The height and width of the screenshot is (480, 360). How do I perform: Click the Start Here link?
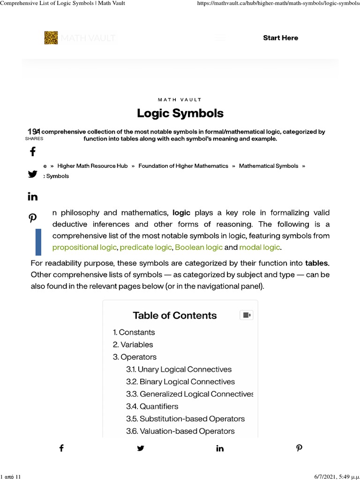click(280, 38)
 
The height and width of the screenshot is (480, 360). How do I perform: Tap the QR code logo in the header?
click(51, 38)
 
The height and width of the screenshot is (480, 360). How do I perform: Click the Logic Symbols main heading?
click(180, 113)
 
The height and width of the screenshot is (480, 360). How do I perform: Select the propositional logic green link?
click(85, 247)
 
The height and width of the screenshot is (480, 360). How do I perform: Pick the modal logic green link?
click(259, 247)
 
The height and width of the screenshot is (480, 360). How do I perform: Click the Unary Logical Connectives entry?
click(179, 369)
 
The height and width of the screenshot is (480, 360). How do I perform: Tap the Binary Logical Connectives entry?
click(180, 382)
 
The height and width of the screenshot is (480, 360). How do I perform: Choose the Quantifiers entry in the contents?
click(152, 406)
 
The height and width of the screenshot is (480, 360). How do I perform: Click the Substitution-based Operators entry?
click(185, 419)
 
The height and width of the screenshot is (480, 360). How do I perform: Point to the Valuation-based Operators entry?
click(180, 431)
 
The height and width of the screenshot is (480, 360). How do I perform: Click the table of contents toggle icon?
click(246, 315)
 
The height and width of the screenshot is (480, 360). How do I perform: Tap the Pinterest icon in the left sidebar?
click(33, 217)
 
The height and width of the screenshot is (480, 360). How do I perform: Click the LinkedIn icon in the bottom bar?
click(220, 449)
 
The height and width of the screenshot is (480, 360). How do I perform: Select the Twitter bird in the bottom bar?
click(141, 449)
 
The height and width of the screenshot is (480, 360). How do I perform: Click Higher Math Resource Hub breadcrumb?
click(92, 166)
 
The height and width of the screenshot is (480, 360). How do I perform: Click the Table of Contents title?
click(175, 315)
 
